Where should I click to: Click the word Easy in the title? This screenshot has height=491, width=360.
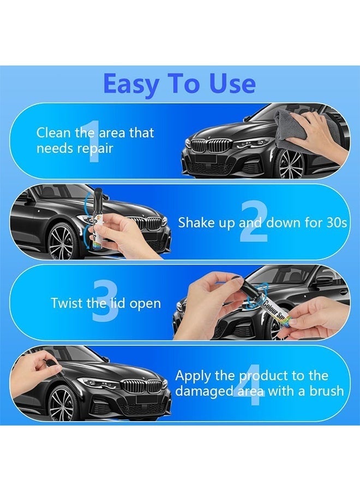(131, 84)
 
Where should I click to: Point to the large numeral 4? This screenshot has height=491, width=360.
(249, 384)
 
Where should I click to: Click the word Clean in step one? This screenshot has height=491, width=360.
(53, 133)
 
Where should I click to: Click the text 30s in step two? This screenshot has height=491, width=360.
(337, 223)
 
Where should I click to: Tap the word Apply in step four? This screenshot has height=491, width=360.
(193, 376)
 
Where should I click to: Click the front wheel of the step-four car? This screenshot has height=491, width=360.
(61, 403)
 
